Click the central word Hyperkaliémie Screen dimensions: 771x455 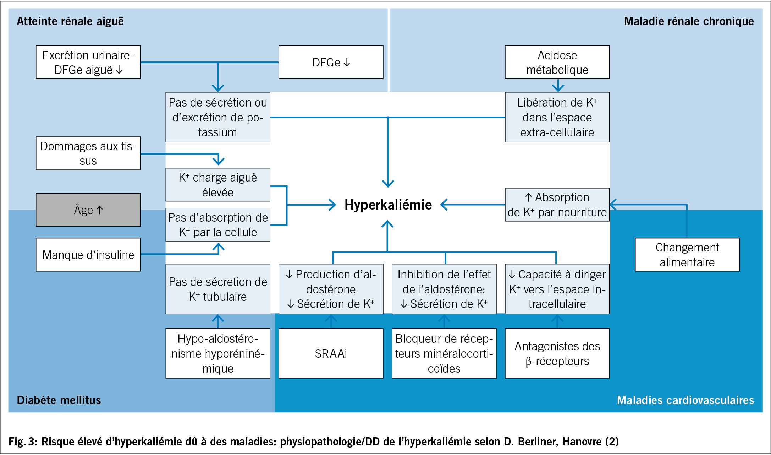388,205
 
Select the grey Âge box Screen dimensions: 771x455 88,210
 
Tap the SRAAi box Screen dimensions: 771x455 331,353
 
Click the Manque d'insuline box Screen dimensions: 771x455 88,255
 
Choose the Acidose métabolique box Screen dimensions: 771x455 557,62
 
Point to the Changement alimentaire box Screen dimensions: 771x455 687,255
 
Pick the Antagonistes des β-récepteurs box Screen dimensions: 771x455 557,353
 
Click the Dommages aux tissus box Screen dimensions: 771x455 88,153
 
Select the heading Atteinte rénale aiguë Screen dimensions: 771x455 70,21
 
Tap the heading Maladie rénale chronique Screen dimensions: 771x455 689,21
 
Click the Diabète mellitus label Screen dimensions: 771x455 59,400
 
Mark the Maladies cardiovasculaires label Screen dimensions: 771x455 685,400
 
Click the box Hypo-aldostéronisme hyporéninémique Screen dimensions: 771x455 218,353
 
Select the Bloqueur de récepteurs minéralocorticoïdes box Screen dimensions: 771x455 444,353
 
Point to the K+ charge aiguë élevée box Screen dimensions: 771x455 218,185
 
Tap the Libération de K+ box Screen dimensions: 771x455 557,117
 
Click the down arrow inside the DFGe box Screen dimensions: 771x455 347,63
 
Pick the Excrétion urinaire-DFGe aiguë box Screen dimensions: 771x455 88,62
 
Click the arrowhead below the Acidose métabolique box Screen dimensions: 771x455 558,87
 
